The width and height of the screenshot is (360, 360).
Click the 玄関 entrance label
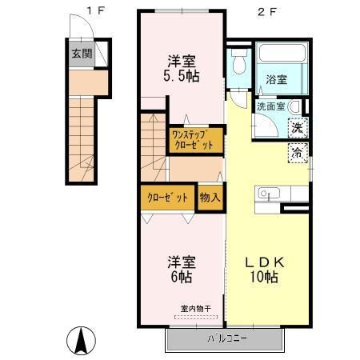[81, 54]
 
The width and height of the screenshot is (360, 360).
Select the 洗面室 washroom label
[270, 106]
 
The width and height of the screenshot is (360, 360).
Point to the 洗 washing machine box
[297, 127]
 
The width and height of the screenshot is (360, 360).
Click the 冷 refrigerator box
[297, 152]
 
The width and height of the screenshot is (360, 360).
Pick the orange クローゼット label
[167, 197]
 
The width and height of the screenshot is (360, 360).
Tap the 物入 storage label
[210, 197]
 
